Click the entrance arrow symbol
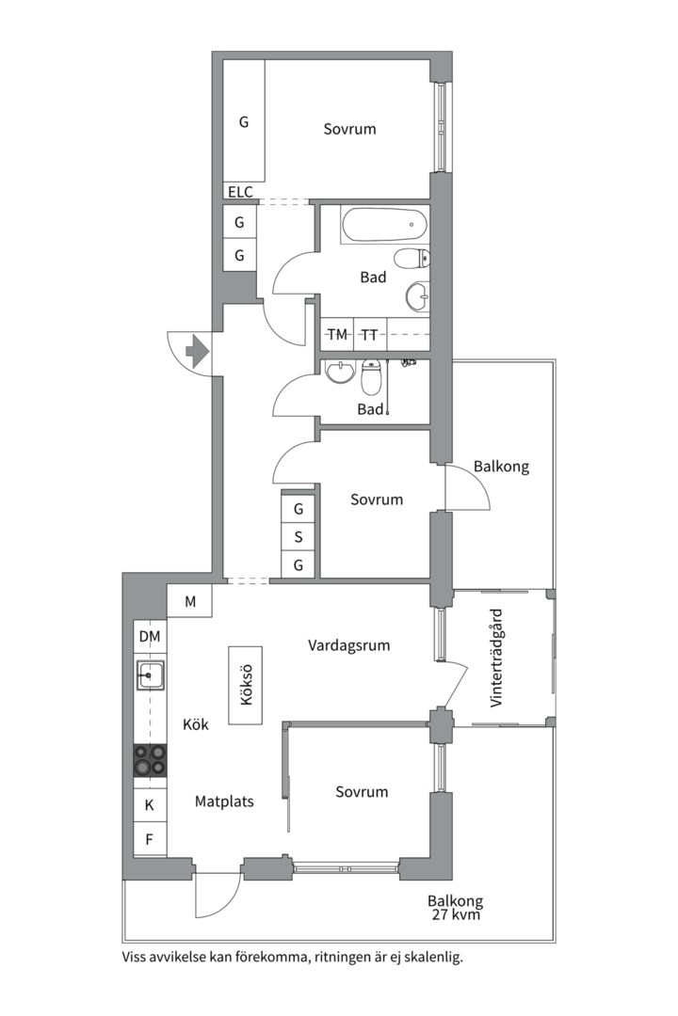click(197, 351)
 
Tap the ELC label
click(240, 192)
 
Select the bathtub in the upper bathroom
click(384, 225)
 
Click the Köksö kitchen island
click(245, 685)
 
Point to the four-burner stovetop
click(150, 760)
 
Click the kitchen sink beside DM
click(150, 675)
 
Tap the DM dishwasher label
click(150, 636)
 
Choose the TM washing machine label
click(337, 334)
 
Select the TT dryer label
click(369, 334)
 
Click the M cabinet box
click(189, 601)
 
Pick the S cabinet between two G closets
click(299, 536)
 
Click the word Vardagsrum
click(349, 645)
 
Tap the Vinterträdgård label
click(497, 658)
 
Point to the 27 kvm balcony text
click(456, 915)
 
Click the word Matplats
click(224, 802)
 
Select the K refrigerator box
click(150, 804)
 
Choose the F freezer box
click(150, 840)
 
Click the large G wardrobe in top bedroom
click(244, 121)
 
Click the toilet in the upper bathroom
click(412, 259)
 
